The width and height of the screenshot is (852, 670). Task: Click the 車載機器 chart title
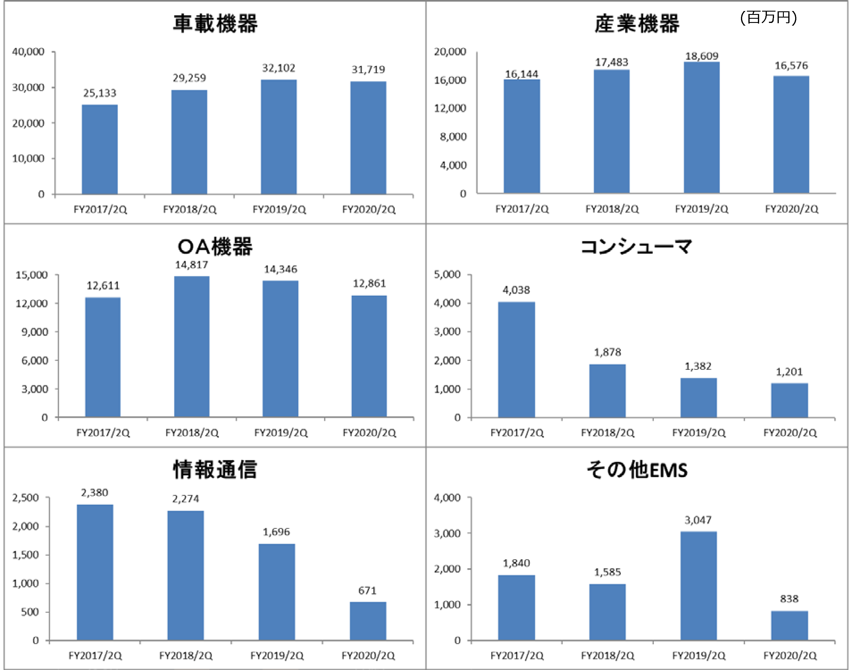215,23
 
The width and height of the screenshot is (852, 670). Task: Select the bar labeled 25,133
100,149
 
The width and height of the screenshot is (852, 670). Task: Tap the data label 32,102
278,68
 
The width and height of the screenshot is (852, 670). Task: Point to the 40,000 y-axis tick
28,52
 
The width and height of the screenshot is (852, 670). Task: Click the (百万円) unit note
768,17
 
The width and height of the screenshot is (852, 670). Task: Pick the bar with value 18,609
702,127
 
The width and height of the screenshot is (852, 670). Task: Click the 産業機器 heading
637,24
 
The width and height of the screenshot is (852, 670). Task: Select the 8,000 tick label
453,136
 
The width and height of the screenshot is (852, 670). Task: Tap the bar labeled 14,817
192,346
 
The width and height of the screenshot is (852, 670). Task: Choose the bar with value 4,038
516,360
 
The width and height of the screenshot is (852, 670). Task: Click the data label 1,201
789,372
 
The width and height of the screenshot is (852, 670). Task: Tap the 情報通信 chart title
215,470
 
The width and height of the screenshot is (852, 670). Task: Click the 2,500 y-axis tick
26,498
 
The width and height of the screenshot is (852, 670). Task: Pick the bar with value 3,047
698,586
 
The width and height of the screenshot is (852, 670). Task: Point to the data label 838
789,599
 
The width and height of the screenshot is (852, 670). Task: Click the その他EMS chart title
637,470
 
